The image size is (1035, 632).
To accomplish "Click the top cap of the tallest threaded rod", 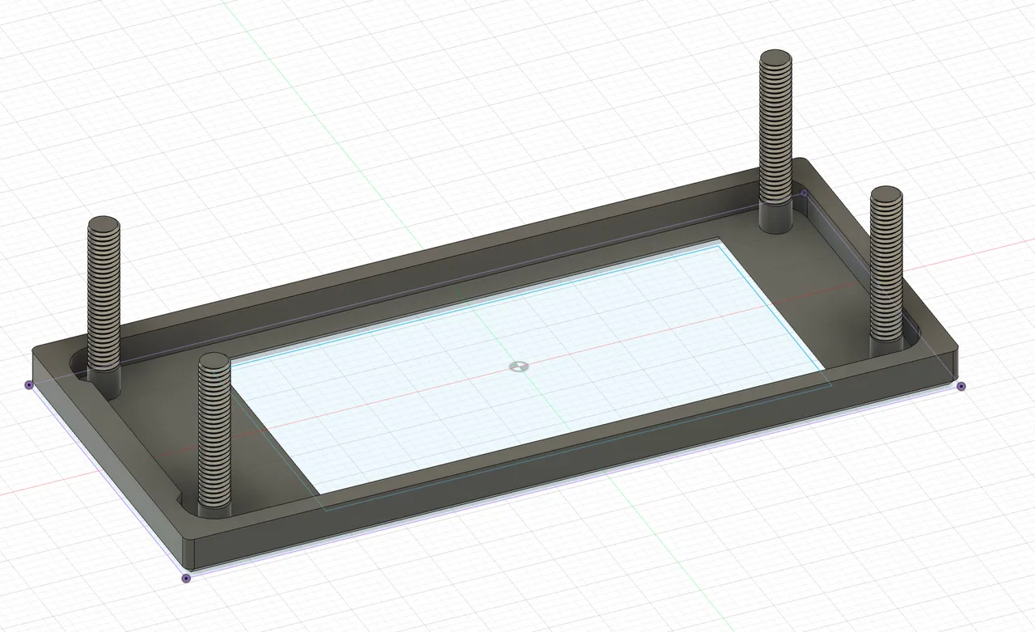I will click(776, 58).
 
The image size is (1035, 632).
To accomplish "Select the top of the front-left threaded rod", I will click(214, 362).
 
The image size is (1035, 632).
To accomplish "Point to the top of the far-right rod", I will click(886, 194).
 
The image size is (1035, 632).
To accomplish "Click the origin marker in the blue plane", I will click(517, 367).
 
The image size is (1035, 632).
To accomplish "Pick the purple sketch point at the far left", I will click(29, 385).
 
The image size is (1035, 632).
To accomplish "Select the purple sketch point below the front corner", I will click(186, 578).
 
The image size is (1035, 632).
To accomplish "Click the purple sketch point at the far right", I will click(961, 386).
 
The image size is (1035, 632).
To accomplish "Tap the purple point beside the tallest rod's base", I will click(804, 193).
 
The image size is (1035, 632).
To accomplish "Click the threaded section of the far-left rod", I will click(103, 299).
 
